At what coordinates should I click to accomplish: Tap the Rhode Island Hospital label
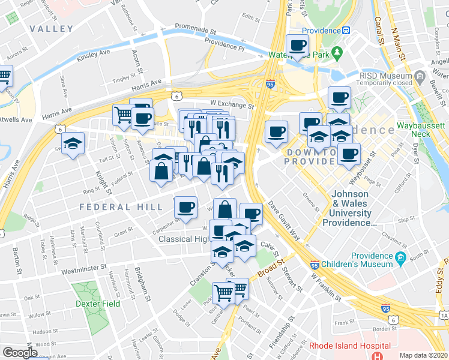(349, 346)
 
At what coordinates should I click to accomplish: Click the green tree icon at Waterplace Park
(337, 52)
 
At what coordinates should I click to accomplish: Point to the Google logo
(20, 353)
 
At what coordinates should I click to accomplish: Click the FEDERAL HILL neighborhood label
(121, 207)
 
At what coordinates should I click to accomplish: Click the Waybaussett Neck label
(421, 132)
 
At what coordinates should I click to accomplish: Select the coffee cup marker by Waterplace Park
(297, 45)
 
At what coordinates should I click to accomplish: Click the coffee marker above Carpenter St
(185, 208)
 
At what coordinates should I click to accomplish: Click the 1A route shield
(444, 314)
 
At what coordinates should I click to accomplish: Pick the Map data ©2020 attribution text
(424, 355)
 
